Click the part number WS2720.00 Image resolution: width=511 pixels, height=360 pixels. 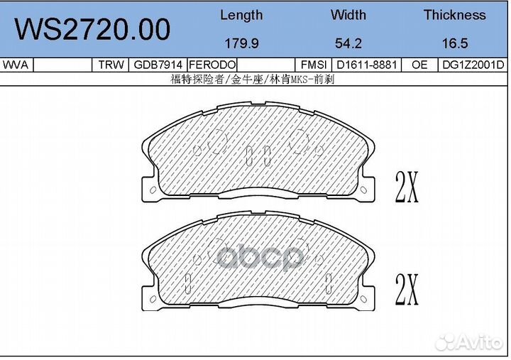point(93,30)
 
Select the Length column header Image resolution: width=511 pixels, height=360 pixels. point(241,15)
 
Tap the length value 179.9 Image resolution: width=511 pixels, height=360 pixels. point(241,43)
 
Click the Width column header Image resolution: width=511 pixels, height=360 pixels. point(348,15)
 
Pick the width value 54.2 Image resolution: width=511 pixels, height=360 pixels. point(348,43)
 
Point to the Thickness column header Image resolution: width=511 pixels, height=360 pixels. point(454,15)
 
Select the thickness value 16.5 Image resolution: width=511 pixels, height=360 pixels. point(454,43)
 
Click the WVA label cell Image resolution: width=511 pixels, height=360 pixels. point(16,65)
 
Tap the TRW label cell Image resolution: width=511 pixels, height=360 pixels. point(110,65)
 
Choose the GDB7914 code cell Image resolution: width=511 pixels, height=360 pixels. point(158,65)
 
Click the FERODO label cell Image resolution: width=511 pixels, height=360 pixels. point(211,65)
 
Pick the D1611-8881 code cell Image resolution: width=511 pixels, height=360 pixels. point(366,65)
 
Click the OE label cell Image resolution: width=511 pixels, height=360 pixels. point(419,65)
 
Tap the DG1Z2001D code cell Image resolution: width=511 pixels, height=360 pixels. point(472,65)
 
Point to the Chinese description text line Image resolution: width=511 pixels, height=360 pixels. point(253,80)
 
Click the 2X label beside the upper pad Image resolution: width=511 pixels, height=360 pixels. point(407,187)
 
